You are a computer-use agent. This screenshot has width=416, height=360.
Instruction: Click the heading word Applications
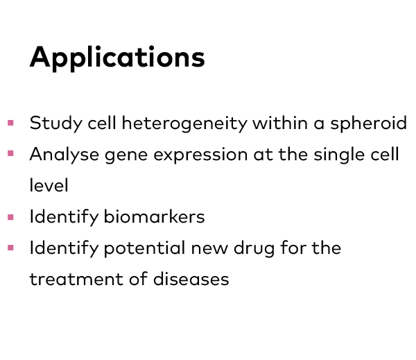[117, 58]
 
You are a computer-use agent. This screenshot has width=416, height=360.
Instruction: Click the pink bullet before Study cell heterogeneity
[10, 123]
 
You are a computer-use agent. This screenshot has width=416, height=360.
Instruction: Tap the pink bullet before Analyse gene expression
[10, 153]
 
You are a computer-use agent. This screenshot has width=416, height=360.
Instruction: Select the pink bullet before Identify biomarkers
[10, 217]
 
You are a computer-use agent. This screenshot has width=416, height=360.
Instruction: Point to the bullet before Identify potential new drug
[10, 248]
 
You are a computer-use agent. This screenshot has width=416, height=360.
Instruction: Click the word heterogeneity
[184, 123]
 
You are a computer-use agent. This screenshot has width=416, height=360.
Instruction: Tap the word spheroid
[369, 123]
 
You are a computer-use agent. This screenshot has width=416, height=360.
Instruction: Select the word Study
[56, 123]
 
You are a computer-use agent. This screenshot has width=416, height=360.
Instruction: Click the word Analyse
[64, 155]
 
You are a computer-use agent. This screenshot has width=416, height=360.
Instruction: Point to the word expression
[200, 155]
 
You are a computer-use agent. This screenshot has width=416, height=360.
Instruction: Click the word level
[49, 185]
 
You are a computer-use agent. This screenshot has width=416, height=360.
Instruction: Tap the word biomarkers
[154, 216]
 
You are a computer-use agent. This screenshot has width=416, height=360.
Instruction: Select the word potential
[144, 248]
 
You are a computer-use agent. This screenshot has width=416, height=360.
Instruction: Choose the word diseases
[191, 279]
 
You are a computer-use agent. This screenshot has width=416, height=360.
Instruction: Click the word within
[280, 123]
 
